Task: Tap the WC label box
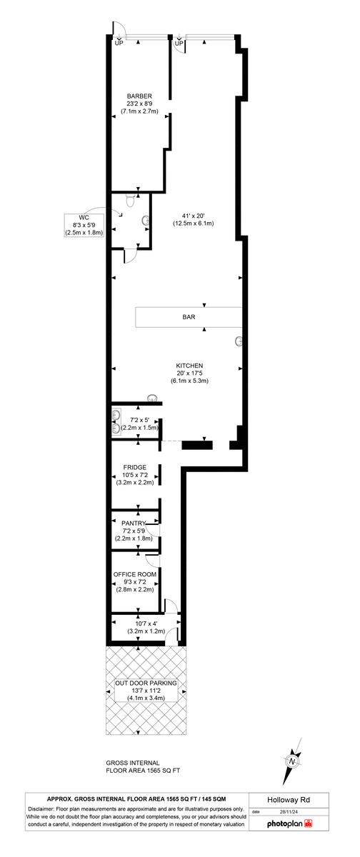click(x=84, y=224)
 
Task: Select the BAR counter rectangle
click(x=189, y=317)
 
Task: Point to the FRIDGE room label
click(x=134, y=467)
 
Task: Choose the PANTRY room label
click(x=134, y=523)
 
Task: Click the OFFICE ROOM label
click(x=134, y=573)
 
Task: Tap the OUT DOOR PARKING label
click(x=145, y=683)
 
